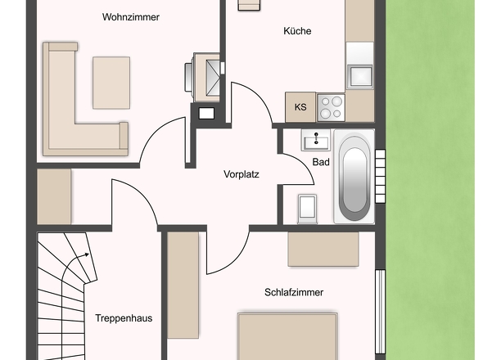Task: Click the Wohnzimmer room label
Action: (131, 17)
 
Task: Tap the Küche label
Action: (297, 31)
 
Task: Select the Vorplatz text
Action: (241, 174)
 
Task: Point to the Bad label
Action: (321, 162)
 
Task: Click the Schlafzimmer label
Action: (294, 292)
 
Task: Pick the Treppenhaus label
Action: (124, 317)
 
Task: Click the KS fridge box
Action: (300, 107)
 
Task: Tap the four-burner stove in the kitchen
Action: (331, 108)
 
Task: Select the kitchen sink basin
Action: (359, 76)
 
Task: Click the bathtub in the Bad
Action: (354, 177)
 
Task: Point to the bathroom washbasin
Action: (316, 140)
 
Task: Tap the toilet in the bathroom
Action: (307, 209)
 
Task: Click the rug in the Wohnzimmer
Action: (111, 83)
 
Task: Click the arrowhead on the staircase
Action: (87, 254)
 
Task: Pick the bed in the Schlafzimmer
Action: (287, 336)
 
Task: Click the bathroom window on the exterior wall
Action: (381, 176)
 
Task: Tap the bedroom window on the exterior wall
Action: (381, 312)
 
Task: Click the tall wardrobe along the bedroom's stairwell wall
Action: (183, 285)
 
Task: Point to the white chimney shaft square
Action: (206, 114)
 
